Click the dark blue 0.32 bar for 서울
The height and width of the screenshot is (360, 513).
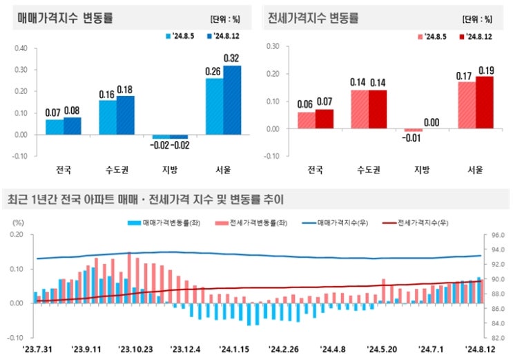(232, 100)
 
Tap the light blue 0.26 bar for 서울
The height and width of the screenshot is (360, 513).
(214, 106)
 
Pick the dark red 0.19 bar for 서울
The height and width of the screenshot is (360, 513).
(485, 102)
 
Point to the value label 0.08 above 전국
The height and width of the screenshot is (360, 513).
(72, 110)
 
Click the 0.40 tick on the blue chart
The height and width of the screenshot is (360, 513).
(20, 48)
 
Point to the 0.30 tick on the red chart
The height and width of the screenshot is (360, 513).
(272, 46)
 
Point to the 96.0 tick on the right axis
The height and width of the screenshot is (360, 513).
(499, 235)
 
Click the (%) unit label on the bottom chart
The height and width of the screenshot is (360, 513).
(19, 222)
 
